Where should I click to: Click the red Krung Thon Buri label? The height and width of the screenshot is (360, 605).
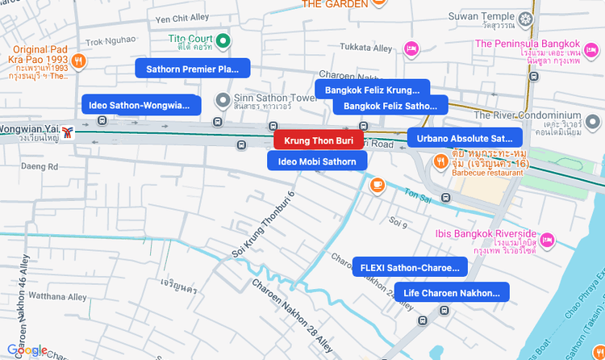[319, 140]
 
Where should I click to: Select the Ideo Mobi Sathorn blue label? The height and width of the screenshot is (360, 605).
[317, 161]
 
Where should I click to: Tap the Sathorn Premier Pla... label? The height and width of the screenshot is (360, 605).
[193, 69]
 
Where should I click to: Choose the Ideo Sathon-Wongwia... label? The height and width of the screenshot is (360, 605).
[141, 104]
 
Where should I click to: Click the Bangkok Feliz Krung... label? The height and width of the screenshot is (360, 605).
[372, 90]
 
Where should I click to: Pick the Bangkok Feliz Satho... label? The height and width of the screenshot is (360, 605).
[390, 106]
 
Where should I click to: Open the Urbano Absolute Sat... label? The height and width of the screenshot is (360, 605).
[465, 138]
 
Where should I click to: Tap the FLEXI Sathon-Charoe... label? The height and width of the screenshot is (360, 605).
[410, 267]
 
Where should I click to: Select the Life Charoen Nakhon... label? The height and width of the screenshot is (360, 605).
[452, 292]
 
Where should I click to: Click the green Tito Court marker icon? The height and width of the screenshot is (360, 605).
[226, 40]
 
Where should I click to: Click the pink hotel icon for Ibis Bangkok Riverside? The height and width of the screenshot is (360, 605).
[548, 240]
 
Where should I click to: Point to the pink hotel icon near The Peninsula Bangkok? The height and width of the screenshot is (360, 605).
[411, 48]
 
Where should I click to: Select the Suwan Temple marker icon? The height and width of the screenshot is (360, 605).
[527, 18]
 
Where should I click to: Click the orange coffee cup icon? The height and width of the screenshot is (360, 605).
[377, 186]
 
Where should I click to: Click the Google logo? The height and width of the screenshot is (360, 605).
[27, 350]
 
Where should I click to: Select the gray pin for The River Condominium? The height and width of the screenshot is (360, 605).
[593, 122]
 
